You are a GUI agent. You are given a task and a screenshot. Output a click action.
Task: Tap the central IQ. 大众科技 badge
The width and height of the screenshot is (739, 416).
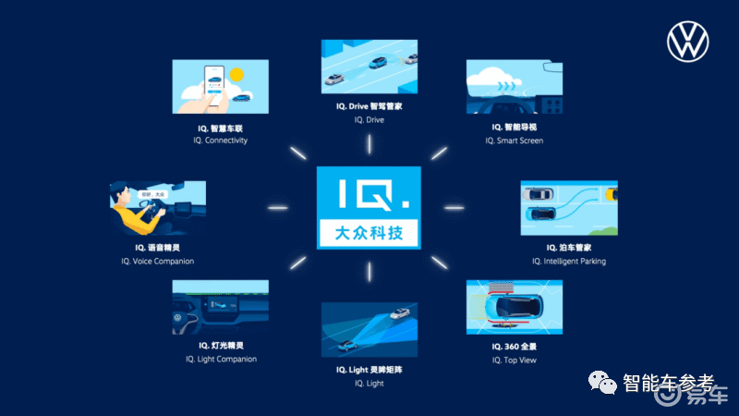tap(369, 208)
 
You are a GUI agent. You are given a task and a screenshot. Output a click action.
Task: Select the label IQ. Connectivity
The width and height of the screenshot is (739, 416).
tap(220, 141)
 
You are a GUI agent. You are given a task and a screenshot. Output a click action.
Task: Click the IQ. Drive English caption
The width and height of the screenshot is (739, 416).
tap(369, 120)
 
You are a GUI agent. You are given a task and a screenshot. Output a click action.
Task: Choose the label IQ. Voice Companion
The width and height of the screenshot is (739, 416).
tap(157, 262)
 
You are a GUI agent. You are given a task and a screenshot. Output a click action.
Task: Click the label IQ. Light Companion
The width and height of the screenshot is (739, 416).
tap(220, 359)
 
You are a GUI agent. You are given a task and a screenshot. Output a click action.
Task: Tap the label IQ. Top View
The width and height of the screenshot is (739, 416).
tap(514, 360)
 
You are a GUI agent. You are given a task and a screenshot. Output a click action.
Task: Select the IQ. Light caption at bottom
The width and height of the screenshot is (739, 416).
tap(369, 383)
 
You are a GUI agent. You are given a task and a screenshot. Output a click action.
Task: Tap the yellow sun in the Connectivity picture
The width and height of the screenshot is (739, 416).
tap(236, 74)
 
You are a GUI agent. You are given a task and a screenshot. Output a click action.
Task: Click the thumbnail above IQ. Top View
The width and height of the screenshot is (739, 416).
tap(514, 308)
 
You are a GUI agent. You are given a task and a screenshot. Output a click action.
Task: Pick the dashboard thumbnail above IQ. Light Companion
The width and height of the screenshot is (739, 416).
tap(220, 307)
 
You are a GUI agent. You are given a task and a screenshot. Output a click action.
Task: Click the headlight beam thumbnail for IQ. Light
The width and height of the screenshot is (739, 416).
tap(369, 329)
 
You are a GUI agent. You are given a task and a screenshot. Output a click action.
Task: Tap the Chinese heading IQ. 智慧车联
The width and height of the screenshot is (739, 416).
tap(220, 128)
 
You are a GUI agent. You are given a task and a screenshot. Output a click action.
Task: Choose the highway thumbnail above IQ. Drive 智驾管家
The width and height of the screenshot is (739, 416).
tap(369, 67)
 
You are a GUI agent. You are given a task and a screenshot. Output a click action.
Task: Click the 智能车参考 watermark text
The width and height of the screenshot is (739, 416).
tap(668, 382)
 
